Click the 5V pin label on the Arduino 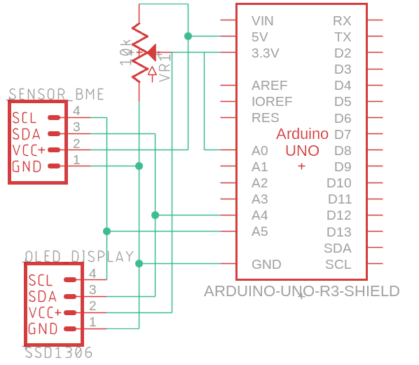[x=259, y=37]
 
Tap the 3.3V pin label [x=266, y=53]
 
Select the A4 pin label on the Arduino [x=259, y=215]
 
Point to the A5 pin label [x=259, y=232]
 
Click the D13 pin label [x=339, y=232]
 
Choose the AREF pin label [x=269, y=86]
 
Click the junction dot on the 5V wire [x=188, y=36]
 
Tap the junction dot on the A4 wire [x=155, y=215]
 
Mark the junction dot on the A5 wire [x=107, y=231]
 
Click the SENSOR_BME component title [x=56, y=94]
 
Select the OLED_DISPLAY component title [x=79, y=256]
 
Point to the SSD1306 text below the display [x=59, y=352]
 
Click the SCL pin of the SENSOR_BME [x=54, y=117]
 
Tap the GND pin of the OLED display [x=70, y=328]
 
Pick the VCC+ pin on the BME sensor [x=54, y=150]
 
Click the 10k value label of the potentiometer [x=125, y=53]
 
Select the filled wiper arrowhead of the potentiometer [x=151, y=52]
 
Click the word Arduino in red [x=302, y=133]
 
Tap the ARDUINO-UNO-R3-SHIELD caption [x=302, y=291]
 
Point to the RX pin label [x=342, y=21]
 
